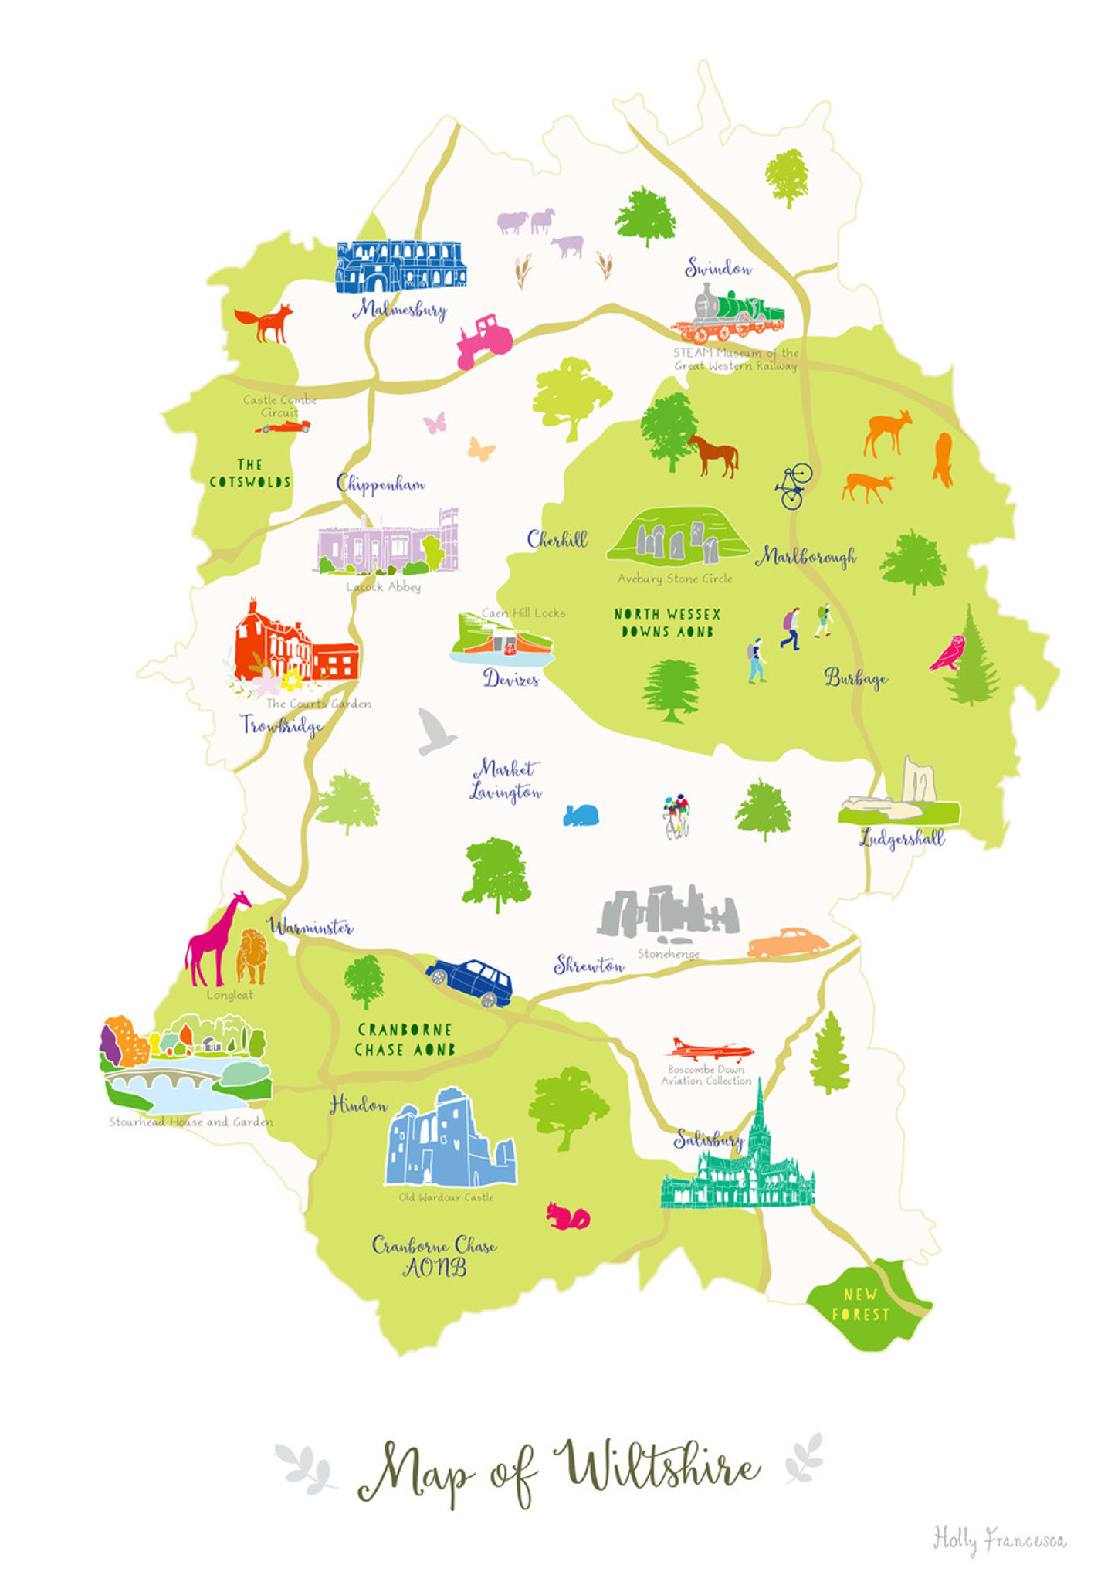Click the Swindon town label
[x=718, y=269]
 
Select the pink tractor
[x=484, y=341]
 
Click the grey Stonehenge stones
[x=668, y=912]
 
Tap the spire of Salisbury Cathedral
[x=760, y=1112]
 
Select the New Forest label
[x=860, y=1304]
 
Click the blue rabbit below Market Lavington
[x=581, y=815]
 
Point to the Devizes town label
[x=510, y=679]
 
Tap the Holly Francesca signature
[x=999, y=1539]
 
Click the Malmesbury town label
[x=400, y=311]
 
